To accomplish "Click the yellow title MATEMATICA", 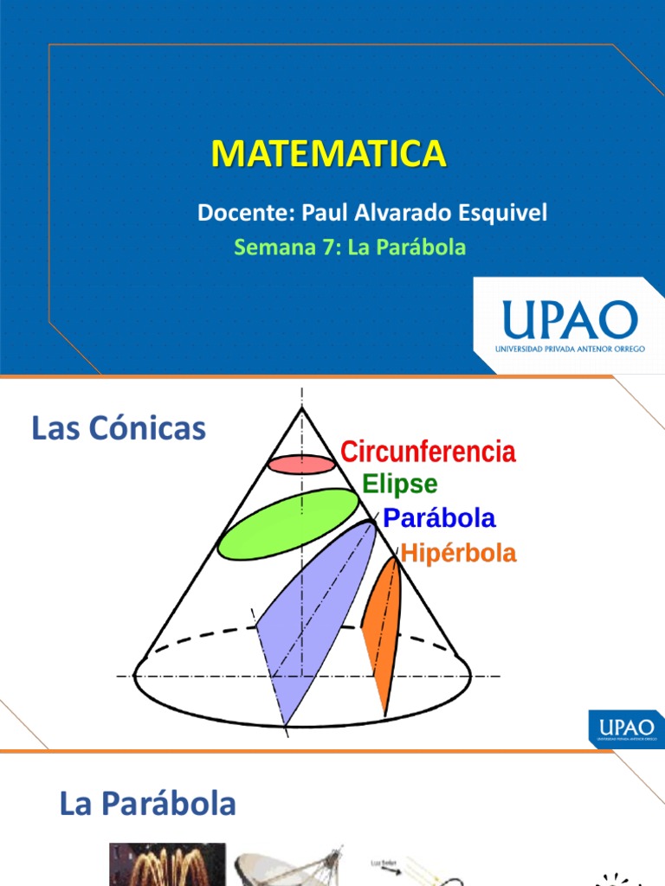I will (x=329, y=153).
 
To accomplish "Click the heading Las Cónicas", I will (x=119, y=428).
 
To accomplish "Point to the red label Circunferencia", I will (x=428, y=452).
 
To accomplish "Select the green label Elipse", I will (x=400, y=484).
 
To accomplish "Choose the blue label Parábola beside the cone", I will (x=440, y=518).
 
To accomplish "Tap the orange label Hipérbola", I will (x=458, y=554).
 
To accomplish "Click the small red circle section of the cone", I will (x=300, y=465).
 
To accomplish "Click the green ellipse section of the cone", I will (x=287, y=523).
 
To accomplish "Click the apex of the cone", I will (x=301, y=408).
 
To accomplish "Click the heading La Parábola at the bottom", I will (x=147, y=804).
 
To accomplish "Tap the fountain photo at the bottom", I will (x=166, y=864).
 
